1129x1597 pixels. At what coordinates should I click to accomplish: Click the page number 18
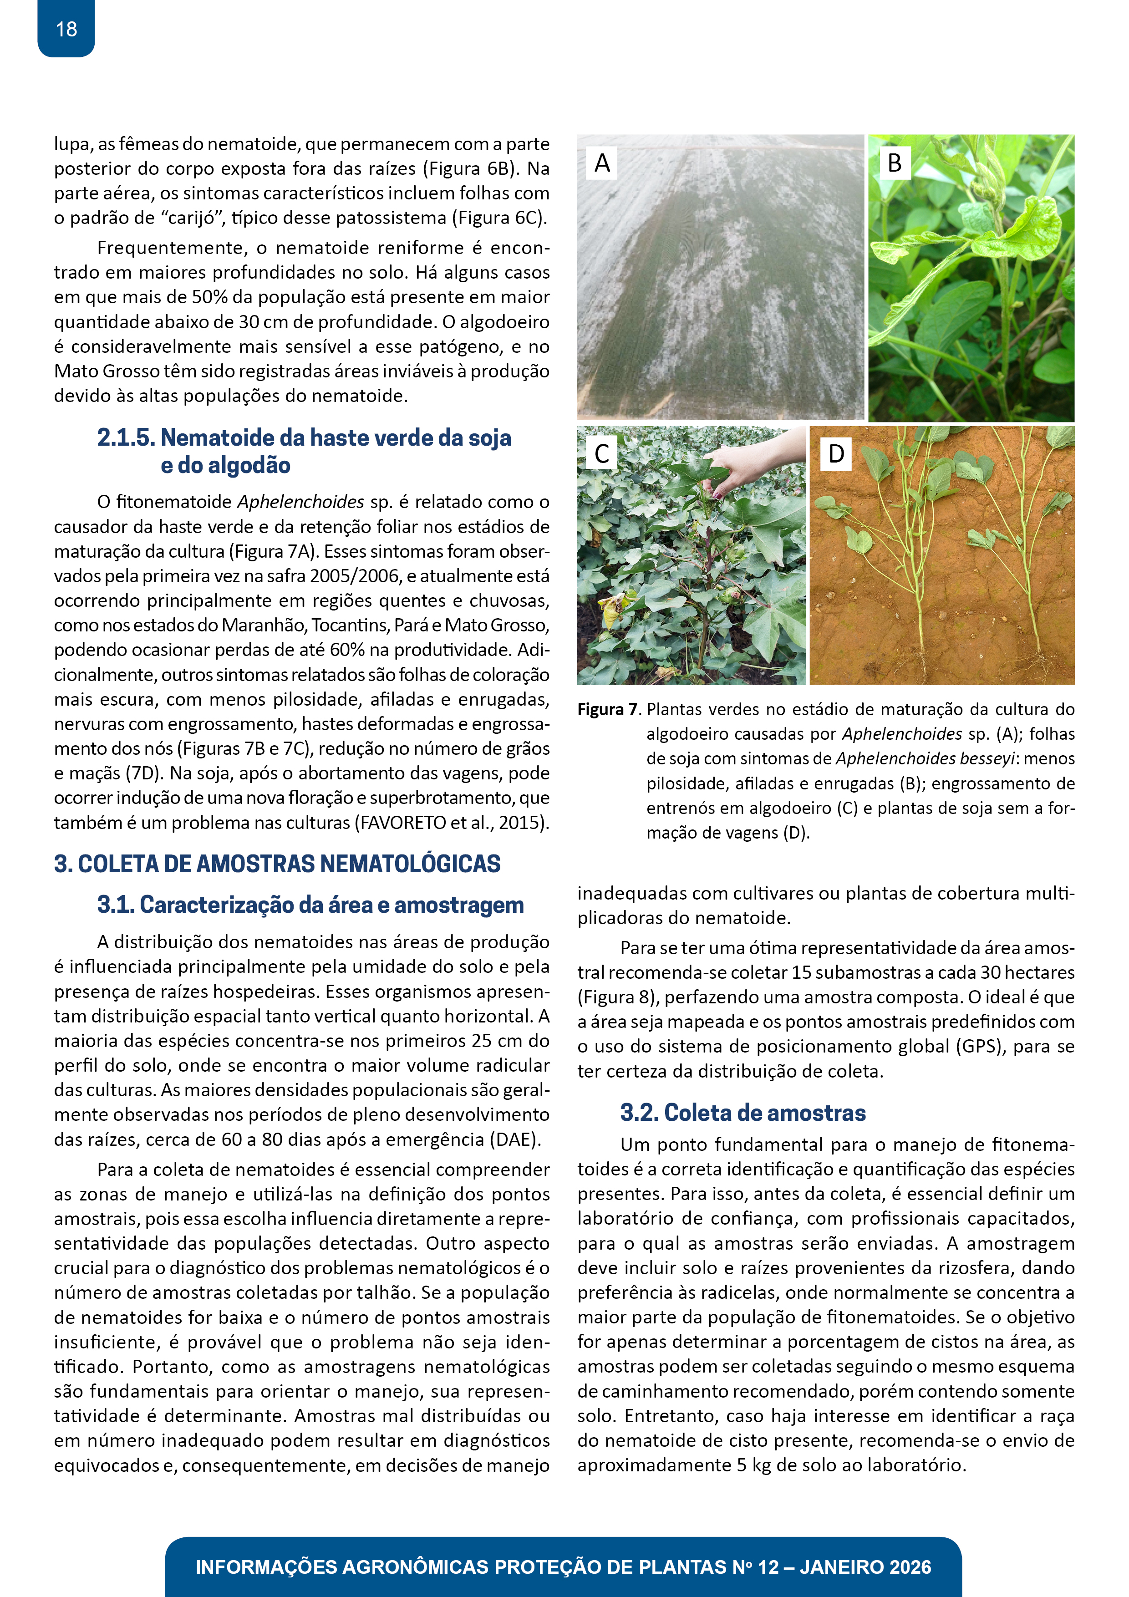(x=66, y=29)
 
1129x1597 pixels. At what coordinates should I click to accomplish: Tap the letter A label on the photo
(x=602, y=163)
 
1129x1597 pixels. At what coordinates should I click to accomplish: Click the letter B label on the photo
(x=894, y=163)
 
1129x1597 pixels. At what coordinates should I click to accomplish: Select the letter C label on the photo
(x=602, y=453)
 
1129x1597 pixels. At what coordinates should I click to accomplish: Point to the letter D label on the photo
(x=835, y=453)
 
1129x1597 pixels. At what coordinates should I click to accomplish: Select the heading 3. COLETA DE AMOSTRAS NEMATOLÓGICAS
(x=277, y=864)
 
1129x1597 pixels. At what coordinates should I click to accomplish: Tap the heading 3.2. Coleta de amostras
(x=742, y=1113)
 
